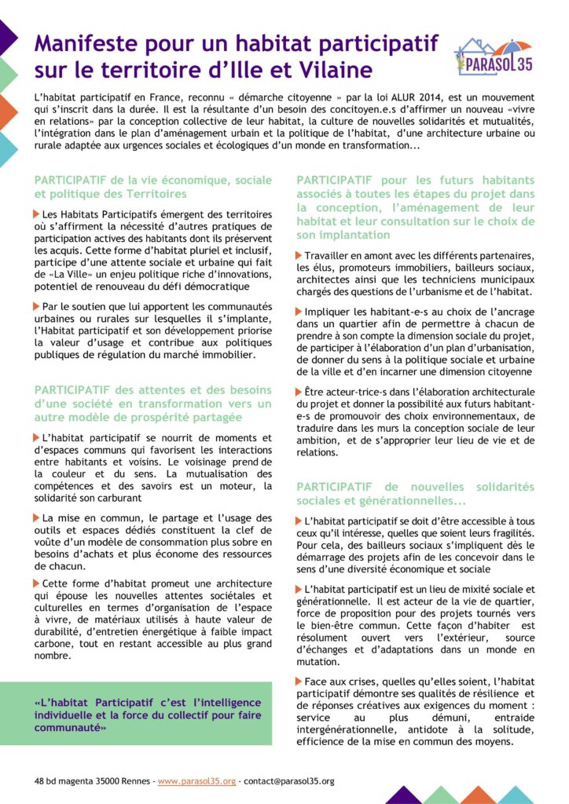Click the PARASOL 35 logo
pyautogui.click(x=494, y=56)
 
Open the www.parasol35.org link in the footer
pyautogui.click(x=196, y=781)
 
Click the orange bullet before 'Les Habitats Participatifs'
pyautogui.click(x=37, y=214)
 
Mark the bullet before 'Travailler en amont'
pyautogui.click(x=299, y=255)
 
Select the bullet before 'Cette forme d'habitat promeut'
pyautogui.click(x=37, y=583)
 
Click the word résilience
pyautogui.click(x=487, y=694)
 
